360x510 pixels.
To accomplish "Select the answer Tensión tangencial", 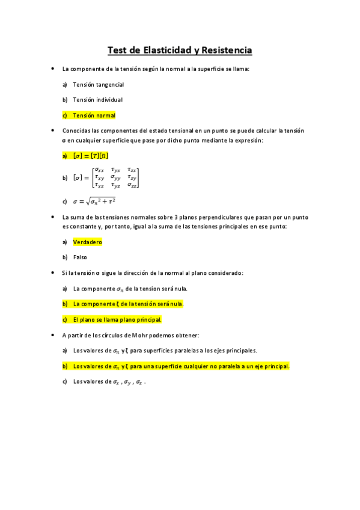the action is click(x=98, y=85).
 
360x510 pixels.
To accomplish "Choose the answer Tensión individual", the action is click(x=97, y=100).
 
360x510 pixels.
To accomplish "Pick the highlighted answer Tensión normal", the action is click(x=94, y=115).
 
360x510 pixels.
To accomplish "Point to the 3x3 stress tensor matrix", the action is click(x=115, y=178).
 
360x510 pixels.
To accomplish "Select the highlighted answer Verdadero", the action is click(x=87, y=242).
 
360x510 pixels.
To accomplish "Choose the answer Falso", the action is click(x=80, y=257).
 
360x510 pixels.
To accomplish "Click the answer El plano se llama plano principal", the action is click(x=117, y=319).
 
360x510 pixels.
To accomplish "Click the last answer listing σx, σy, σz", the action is click(x=109, y=382).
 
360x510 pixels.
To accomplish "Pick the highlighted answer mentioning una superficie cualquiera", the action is click(x=181, y=366).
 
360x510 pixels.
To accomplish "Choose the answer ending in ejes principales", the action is click(x=165, y=351).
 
